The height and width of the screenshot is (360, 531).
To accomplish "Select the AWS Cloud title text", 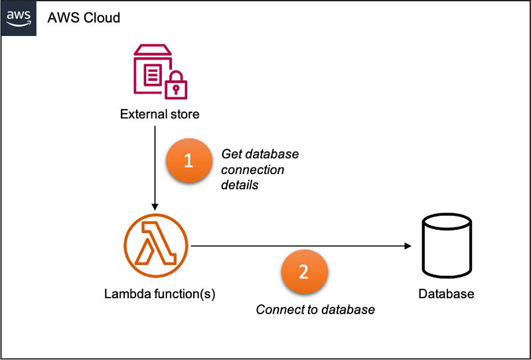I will coord(84,17).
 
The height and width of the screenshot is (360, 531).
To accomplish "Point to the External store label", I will coord(159,114).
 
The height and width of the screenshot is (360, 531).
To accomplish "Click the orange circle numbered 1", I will coord(189,161).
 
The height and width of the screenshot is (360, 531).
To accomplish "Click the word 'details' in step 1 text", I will coord(240,185).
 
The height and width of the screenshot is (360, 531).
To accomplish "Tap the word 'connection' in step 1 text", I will coord(252,170).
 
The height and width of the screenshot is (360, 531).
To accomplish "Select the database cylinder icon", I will coord(447,246).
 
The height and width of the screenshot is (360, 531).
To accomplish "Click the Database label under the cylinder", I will coord(446,294).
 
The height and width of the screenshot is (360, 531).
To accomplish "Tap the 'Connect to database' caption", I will coord(315,310).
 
